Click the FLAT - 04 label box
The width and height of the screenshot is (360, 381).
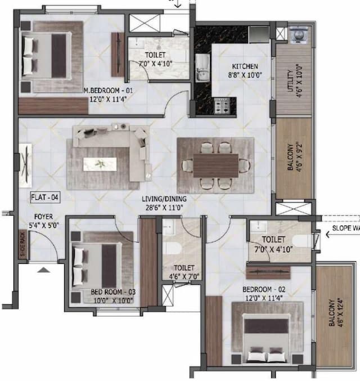click(44, 198)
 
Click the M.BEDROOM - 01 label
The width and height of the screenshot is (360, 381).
click(108, 91)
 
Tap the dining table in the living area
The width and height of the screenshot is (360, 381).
click(216, 165)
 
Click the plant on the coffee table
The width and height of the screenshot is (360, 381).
click(100, 164)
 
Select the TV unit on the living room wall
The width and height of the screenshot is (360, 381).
click(25, 165)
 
